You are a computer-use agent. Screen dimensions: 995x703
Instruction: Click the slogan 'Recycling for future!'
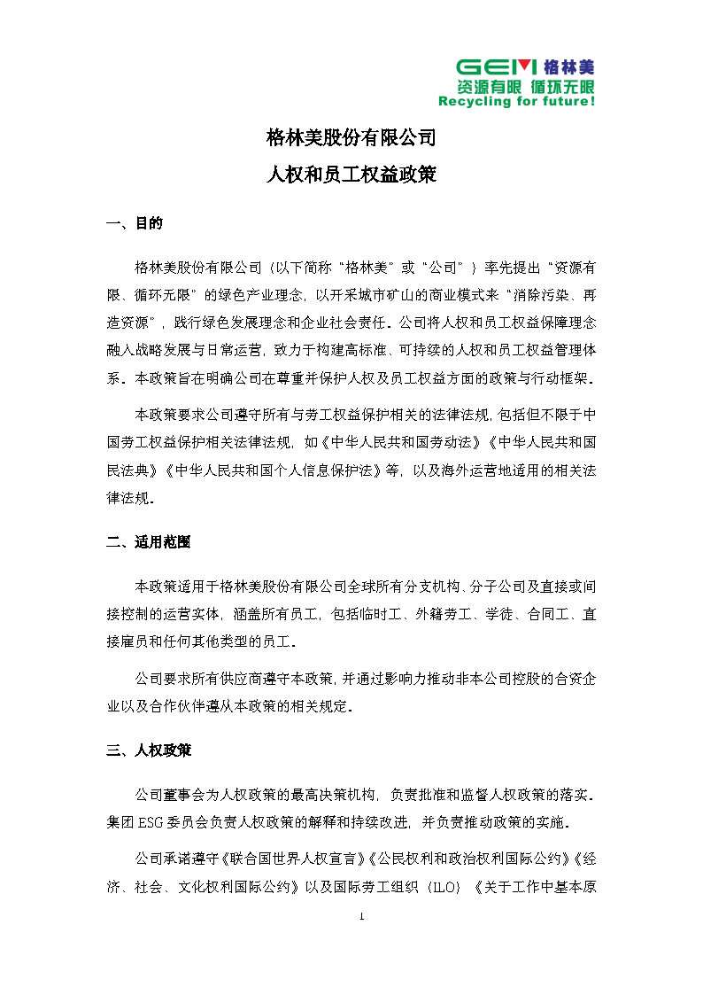[516, 102]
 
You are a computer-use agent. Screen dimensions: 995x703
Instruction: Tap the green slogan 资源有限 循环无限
[525, 87]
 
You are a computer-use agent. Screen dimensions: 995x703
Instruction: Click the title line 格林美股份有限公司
[351, 138]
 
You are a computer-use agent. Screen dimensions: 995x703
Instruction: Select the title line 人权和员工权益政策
[351, 175]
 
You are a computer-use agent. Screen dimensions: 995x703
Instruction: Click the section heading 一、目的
[134, 224]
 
